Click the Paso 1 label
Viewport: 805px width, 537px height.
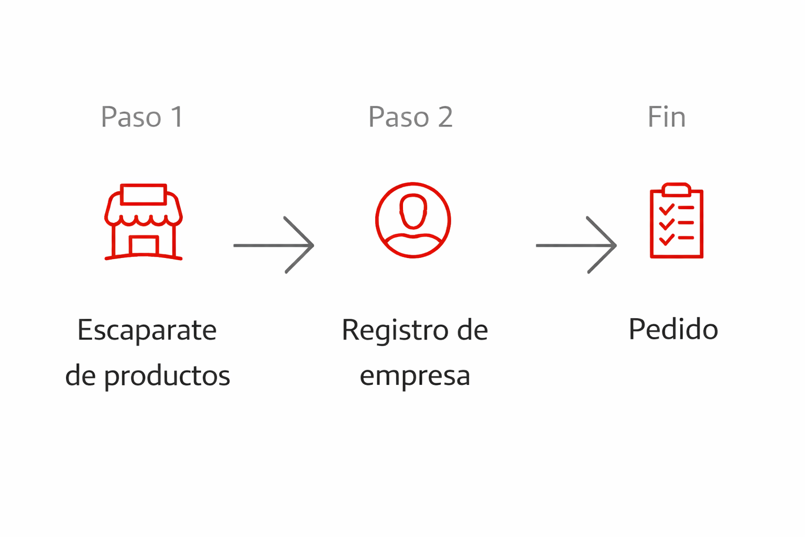click(142, 116)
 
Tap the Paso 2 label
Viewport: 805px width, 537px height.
click(410, 116)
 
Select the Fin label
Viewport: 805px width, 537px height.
click(666, 116)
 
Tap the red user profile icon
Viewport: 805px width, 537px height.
click(413, 220)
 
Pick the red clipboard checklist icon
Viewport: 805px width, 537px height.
click(676, 221)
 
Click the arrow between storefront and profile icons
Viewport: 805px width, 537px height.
click(274, 245)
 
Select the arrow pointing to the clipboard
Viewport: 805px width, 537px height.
click(576, 245)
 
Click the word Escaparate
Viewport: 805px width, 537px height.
click(147, 330)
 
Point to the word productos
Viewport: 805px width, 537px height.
click(167, 376)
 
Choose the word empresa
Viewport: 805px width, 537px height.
click(415, 376)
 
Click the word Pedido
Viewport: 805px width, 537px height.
click(673, 329)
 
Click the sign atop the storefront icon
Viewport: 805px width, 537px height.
click(143, 195)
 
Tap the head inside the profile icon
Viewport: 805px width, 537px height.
click(413, 211)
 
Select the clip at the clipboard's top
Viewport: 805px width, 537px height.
click(676, 189)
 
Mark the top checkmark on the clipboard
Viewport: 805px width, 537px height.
click(667, 209)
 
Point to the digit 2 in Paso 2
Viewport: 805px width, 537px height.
click(445, 116)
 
